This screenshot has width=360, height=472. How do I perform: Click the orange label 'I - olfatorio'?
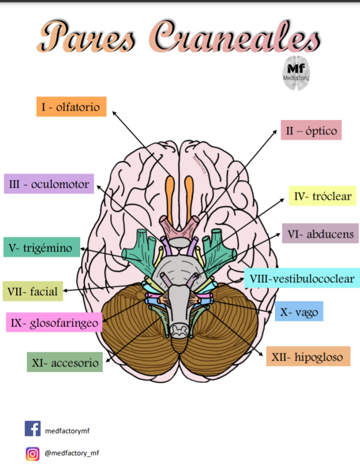point(71,107)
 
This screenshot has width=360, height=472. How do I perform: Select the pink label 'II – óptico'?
point(311,130)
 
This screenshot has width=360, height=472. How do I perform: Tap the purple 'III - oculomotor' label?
point(49,184)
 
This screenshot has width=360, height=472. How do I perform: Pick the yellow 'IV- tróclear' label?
point(322,196)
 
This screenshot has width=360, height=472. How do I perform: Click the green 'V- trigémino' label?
point(41,247)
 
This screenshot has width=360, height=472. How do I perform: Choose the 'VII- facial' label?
point(32,291)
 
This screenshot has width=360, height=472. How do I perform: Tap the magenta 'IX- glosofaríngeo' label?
point(54,323)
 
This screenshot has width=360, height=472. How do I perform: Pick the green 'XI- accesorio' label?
point(65,362)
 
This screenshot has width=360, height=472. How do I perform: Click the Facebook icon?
point(32,428)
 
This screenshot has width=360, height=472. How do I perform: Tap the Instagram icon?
point(32,453)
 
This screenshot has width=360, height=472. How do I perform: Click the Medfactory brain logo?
point(296,72)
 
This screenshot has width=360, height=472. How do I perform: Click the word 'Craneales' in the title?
point(234,37)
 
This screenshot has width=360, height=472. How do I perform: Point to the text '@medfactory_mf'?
point(72,453)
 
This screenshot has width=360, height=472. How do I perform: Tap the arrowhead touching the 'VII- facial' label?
point(65,291)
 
